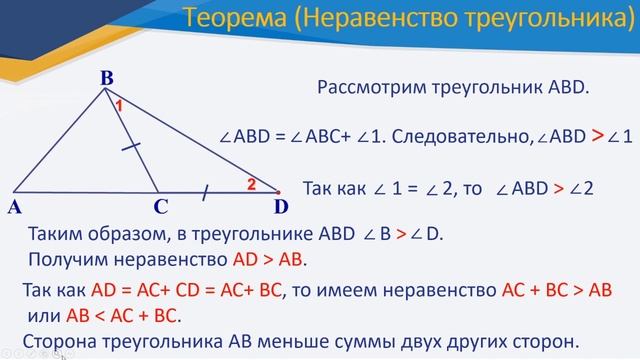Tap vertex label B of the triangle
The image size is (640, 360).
[x=106, y=77]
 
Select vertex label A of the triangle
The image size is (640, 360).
[x=15, y=208]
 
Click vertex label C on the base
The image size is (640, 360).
[x=159, y=208]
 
